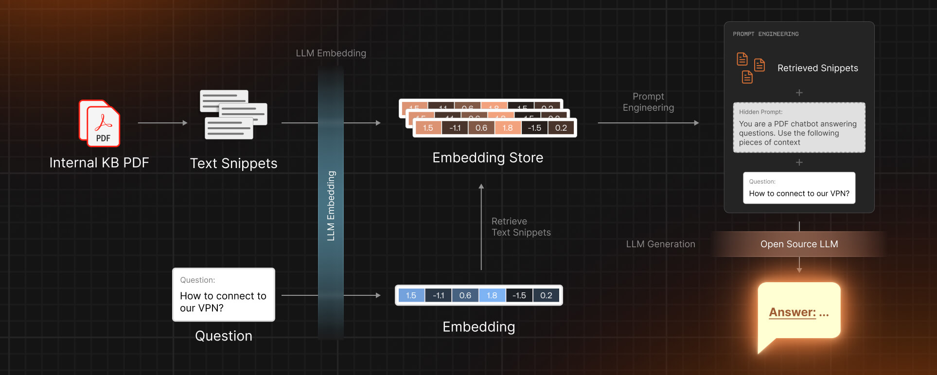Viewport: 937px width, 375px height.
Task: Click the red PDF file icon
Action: pos(100,123)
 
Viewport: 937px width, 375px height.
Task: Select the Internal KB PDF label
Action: pos(99,163)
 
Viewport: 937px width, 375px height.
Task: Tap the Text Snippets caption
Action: pos(233,163)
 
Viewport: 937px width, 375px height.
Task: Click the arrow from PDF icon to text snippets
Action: pos(162,123)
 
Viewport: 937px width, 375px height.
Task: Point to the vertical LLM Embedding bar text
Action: pos(331,205)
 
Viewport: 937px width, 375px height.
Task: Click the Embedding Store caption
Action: pos(488,157)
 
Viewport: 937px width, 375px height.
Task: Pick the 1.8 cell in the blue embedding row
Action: pos(492,295)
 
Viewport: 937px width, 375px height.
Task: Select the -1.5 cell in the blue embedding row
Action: pos(519,295)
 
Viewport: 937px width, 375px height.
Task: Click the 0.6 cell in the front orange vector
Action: pos(481,128)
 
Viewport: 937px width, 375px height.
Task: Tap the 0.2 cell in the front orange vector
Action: pos(561,128)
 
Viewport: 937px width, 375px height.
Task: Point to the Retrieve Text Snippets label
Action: pos(521,227)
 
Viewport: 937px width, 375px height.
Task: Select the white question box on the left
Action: pos(224,295)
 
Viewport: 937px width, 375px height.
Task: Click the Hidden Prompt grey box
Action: pos(799,127)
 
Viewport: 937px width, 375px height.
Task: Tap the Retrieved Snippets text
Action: pos(817,68)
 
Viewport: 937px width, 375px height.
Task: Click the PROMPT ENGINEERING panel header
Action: pos(765,34)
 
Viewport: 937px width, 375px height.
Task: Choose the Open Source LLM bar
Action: pos(799,244)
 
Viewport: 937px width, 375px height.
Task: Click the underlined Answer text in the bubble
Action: pos(792,312)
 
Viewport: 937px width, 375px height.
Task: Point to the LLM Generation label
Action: pos(660,244)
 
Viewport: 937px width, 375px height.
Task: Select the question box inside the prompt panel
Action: pos(799,188)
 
